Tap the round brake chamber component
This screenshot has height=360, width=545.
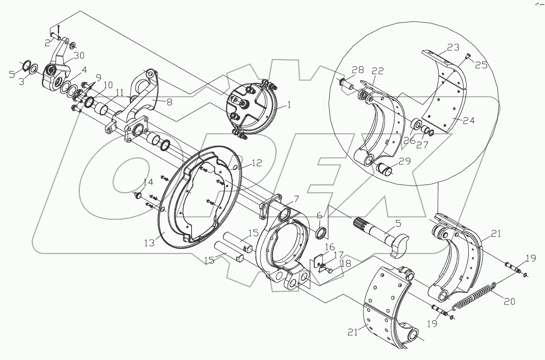coord(251,108)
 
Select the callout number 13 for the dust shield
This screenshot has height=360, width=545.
coord(149,243)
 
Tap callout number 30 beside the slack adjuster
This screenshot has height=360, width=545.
coord(79,56)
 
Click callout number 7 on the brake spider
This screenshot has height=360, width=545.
coord(296,199)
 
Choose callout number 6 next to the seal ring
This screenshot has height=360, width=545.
coord(319,215)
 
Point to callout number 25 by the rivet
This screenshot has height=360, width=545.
coord(481,65)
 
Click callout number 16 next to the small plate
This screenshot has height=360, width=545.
coord(329,247)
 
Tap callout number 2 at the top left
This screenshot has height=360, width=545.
coord(47,43)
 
